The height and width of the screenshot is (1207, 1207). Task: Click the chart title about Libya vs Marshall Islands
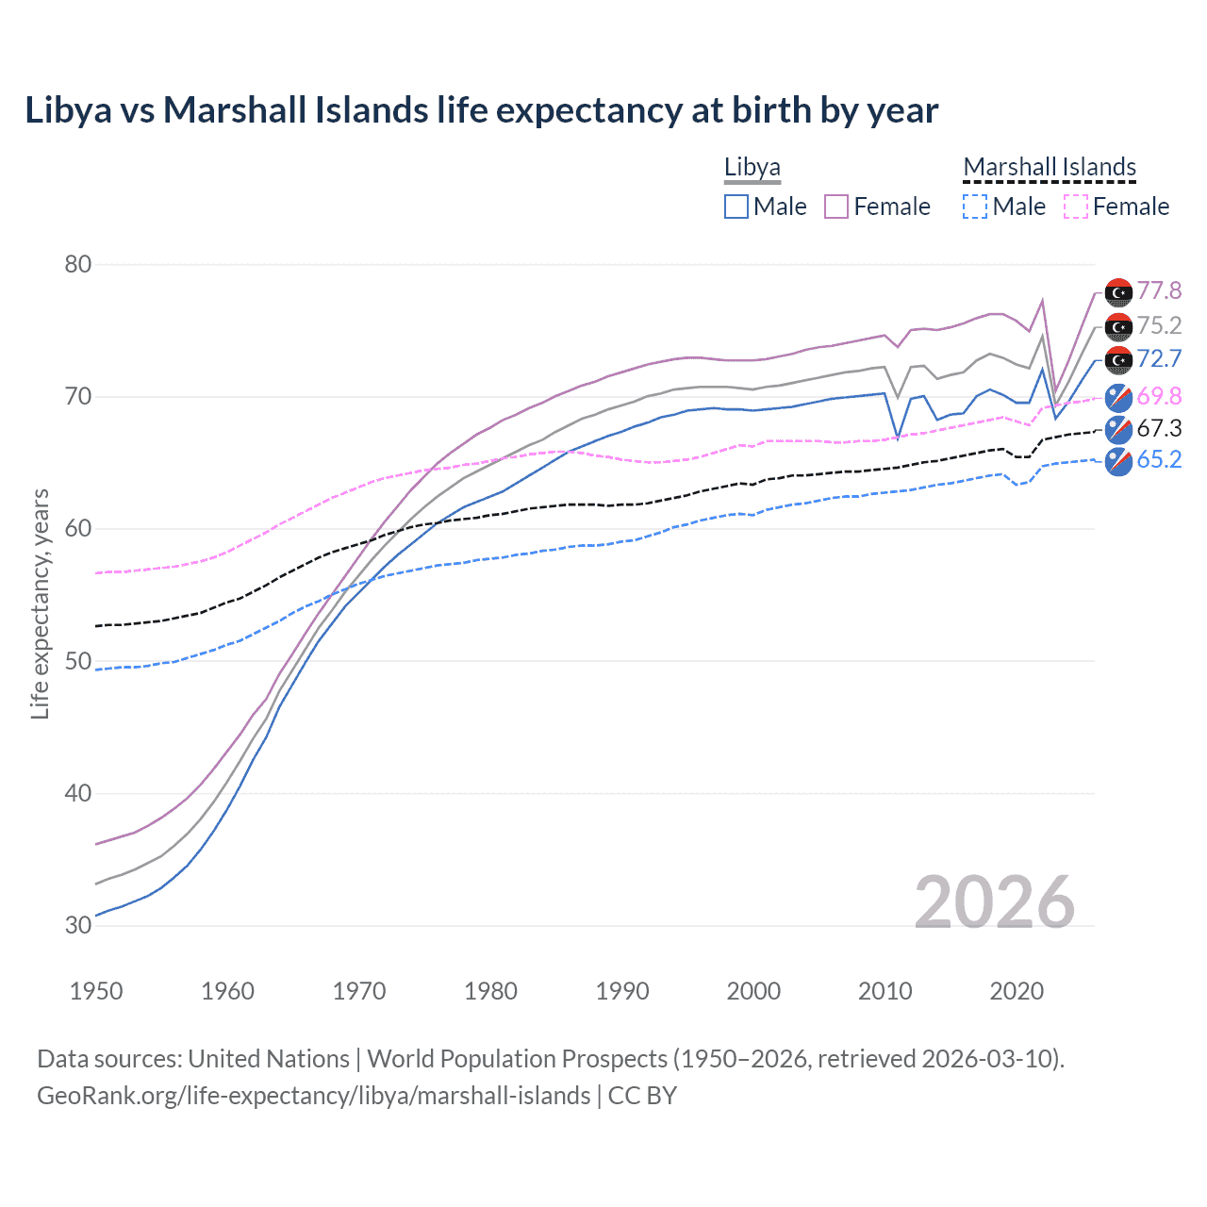tap(481, 110)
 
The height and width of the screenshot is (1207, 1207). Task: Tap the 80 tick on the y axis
tap(78, 264)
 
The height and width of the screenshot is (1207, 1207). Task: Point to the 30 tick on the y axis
tap(78, 925)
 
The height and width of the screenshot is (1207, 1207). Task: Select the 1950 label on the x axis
tap(96, 991)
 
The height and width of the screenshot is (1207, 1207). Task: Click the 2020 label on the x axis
tap(1017, 991)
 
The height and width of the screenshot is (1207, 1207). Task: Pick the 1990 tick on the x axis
tap(622, 991)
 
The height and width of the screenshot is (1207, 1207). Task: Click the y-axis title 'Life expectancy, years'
tap(40, 603)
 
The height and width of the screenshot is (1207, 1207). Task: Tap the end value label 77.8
tap(1159, 291)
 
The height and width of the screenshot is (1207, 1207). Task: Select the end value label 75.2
tap(1159, 325)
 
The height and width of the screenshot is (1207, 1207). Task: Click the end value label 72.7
tap(1159, 359)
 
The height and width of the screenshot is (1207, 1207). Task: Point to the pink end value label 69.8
tap(1159, 396)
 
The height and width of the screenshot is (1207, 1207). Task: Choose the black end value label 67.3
tap(1159, 428)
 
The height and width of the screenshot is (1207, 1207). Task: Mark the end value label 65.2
tap(1159, 459)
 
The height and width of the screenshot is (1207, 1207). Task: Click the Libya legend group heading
tap(752, 168)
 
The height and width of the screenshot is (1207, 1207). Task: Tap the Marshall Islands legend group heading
tap(1050, 168)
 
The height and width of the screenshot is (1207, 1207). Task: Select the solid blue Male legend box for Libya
tap(736, 207)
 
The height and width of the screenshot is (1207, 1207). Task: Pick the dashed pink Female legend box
tap(1076, 207)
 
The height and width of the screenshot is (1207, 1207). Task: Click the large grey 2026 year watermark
tap(995, 902)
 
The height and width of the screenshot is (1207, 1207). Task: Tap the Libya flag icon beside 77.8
tap(1118, 293)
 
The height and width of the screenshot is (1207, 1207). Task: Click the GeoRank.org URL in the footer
tap(313, 1096)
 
